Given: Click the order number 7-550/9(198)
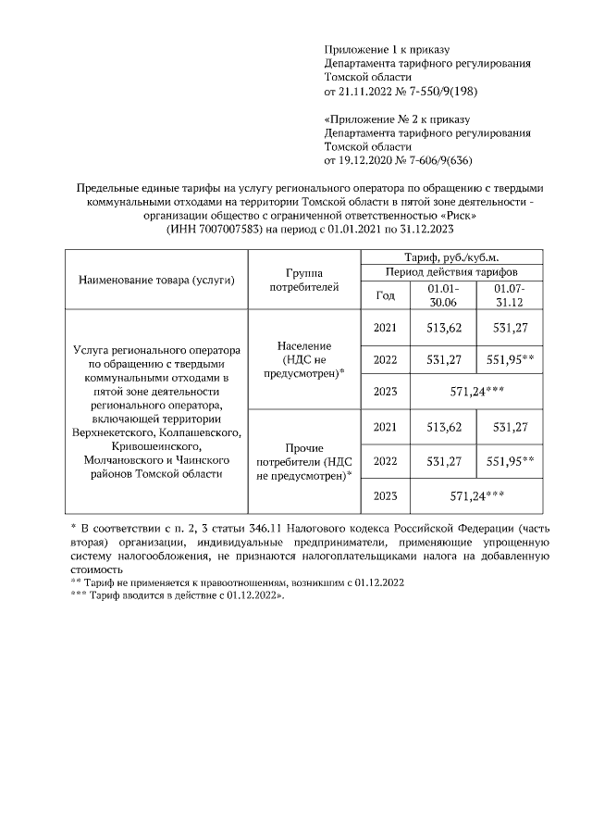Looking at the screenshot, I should click(438, 93).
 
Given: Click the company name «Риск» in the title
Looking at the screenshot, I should click(458, 216).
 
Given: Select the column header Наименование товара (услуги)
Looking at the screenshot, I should click(155, 280).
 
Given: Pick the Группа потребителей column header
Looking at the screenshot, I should click(304, 280).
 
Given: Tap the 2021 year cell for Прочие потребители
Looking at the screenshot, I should click(385, 427).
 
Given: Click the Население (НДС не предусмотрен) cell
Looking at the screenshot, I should click(304, 359).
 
